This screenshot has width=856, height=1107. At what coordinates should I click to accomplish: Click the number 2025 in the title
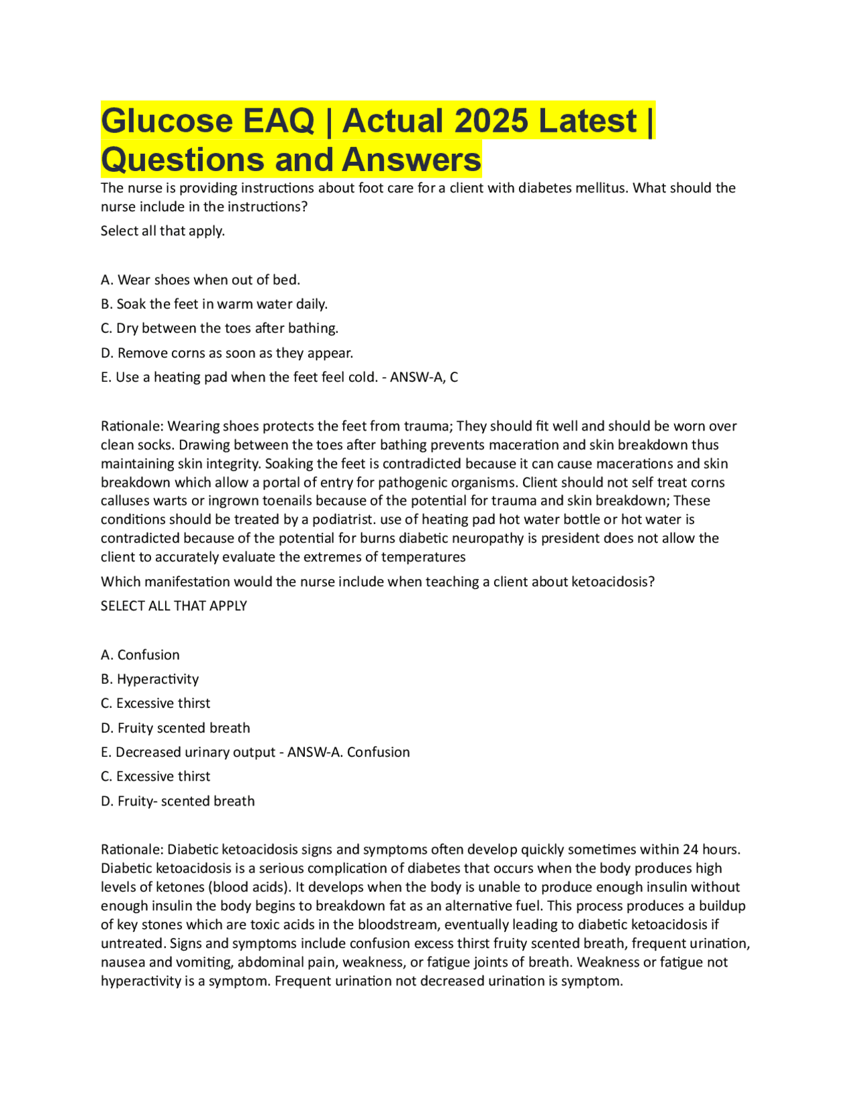(492, 121)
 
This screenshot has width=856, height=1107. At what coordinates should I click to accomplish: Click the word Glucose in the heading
(167, 121)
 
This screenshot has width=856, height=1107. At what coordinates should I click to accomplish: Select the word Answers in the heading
(411, 160)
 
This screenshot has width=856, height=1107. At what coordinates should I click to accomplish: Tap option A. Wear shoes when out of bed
(200, 279)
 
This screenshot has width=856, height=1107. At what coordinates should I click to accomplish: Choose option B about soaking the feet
(214, 304)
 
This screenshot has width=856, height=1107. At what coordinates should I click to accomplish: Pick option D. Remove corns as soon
(227, 353)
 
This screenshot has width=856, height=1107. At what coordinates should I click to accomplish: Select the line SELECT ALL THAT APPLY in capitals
(174, 606)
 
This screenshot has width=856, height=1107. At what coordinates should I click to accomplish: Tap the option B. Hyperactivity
(150, 679)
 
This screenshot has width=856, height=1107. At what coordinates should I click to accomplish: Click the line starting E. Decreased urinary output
(188, 752)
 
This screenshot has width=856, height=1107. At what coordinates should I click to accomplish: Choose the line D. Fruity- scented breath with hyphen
(178, 801)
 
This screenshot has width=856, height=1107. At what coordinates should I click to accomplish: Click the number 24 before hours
(690, 850)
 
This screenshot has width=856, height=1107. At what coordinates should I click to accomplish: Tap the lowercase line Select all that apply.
(163, 231)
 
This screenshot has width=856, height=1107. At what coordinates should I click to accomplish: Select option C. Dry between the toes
(219, 328)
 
